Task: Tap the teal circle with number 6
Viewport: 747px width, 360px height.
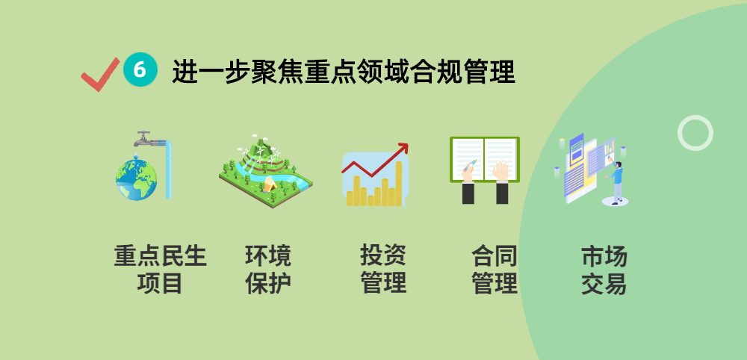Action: point(140,69)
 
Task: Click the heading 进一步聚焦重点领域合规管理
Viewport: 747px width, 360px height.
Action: point(344,72)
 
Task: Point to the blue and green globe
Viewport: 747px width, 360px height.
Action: point(136,179)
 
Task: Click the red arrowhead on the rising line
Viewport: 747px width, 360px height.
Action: point(403,148)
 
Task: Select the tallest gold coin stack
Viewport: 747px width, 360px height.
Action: point(399,184)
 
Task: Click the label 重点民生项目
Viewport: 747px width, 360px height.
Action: point(160,270)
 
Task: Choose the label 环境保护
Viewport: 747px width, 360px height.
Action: point(268,270)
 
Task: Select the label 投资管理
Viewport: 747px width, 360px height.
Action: point(383,270)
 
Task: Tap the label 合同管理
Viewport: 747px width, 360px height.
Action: point(495,270)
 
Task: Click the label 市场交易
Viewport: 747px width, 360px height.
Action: point(604,270)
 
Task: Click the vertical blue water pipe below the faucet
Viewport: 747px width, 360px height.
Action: point(169,172)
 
